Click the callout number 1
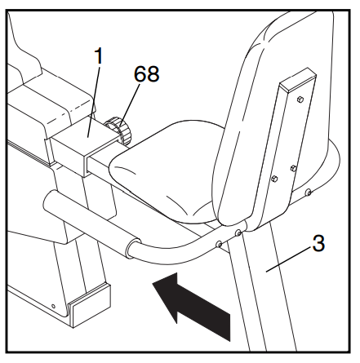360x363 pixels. (98, 56)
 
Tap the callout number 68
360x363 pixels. (146, 73)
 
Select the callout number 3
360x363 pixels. (318, 243)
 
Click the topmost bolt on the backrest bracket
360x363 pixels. (300, 99)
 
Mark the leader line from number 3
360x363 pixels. (288, 259)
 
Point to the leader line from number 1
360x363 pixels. (93, 100)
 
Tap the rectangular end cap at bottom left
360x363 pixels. (90, 304)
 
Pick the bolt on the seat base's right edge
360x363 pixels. (309, 193)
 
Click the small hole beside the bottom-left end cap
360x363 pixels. (53, 307)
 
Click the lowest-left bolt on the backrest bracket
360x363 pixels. (274, 179)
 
